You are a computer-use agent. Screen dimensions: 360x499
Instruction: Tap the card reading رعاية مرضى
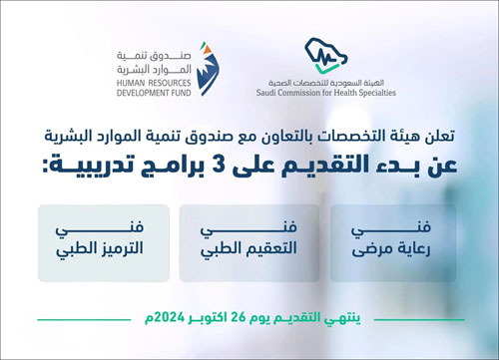coord(391,242)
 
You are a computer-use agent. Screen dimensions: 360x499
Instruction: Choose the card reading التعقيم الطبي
coord(249,242)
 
